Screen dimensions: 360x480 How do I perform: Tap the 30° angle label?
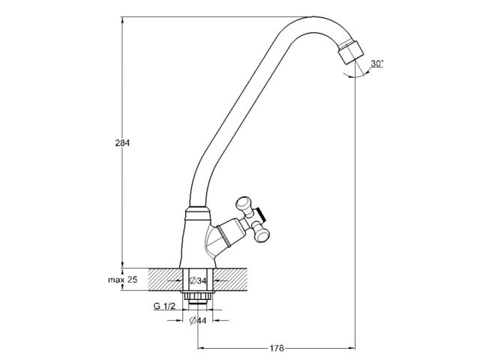click(377, 64)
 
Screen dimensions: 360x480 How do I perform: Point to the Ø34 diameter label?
click(198, 281)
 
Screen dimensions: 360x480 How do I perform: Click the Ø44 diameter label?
click(198, 322)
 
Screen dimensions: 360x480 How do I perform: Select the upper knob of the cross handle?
click(244, 202)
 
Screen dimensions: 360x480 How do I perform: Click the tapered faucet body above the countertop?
click(196, 240)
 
